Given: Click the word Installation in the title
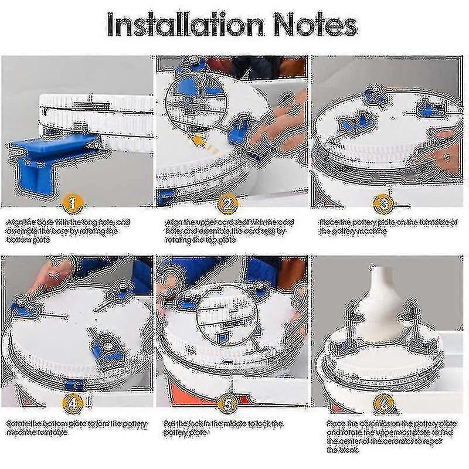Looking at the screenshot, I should tap(182, 25).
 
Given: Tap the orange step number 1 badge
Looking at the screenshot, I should tap(72, 203).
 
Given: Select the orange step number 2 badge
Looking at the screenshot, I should tap(227, 203).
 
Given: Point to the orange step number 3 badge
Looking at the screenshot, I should tap(383, 203).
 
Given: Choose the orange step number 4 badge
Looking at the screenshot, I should tap(72, 403).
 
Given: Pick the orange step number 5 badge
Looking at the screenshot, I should tap(227, 403).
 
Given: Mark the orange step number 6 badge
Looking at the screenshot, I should tap(383, 403).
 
